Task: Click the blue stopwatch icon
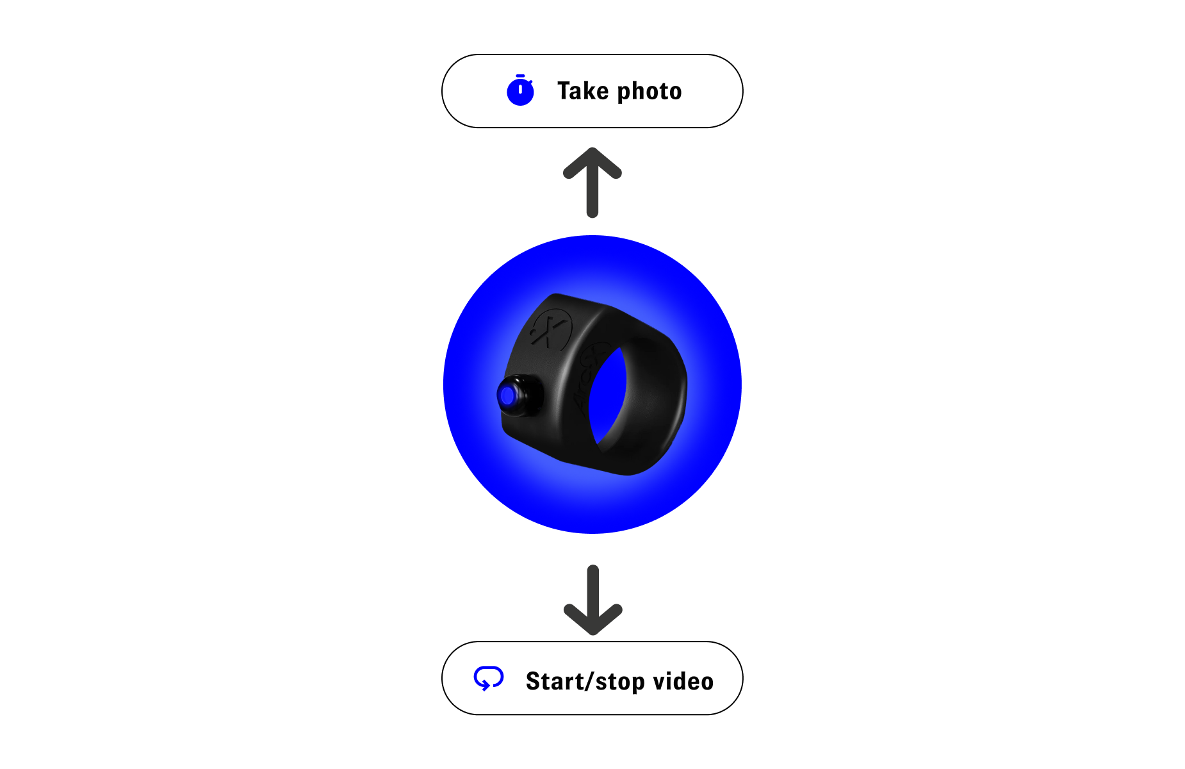click(x=520, y=90)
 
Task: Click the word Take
click(x=583, y=91)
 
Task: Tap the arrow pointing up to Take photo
click(x=592, y=183)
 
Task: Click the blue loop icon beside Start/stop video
click(x=489, y=679)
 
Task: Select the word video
click(x=683, y=681)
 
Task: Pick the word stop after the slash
click(x=620, y=683)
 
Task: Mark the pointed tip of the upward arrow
click(x=592, y=149)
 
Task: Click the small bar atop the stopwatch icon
click(x=520, y=76)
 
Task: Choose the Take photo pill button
click(x=592, y=91)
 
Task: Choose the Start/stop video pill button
click(x=592, y=678)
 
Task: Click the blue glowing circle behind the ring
click(x=592, y=384)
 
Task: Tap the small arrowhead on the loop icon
click(x=485, y=686)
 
